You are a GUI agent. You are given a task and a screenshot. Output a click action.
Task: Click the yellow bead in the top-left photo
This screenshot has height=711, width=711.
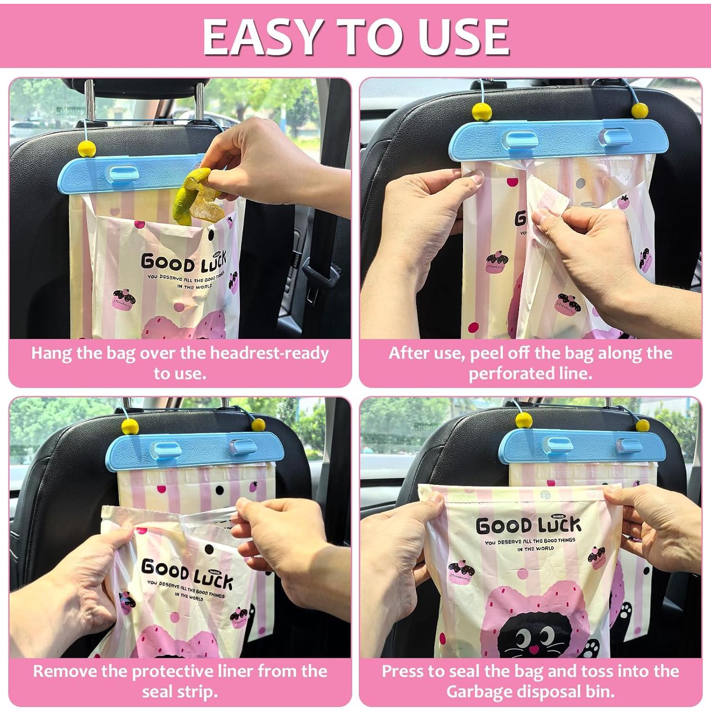(87, 148)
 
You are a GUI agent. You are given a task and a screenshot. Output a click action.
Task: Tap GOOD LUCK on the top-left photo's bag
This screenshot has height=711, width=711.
(183, 261)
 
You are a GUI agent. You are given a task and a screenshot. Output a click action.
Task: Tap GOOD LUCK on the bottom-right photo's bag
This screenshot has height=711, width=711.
(528, 526)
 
